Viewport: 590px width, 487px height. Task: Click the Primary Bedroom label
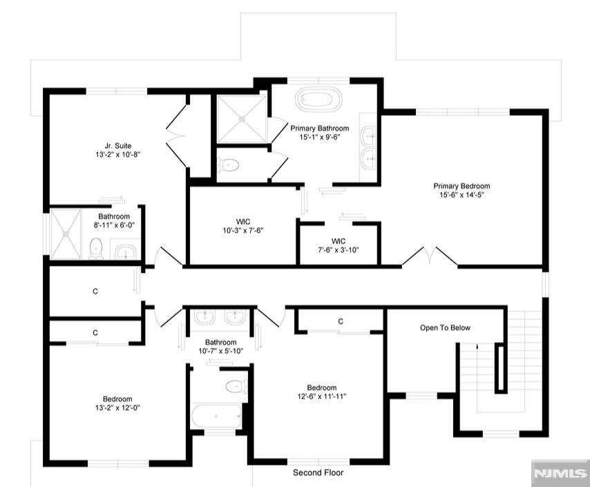[461, 186]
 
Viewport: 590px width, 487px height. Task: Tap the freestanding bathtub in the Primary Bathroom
[318, 99]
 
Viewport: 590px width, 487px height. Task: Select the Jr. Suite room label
[117, 146]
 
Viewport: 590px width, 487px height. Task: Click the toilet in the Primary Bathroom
[229, 165]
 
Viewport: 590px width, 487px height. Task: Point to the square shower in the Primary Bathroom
[242, 119]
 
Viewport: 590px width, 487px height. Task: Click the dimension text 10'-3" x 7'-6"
[242, 230]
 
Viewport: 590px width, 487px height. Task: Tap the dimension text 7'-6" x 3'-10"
[339, 249]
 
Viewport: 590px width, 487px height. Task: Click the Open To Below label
[445, 328]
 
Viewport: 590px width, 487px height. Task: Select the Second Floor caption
[318, 472]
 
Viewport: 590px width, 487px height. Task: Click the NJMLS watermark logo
[560, 473]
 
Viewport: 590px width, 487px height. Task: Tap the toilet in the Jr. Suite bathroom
[96, 249]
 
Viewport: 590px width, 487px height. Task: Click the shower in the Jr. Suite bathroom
[66, 233]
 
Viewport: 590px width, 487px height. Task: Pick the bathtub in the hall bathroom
[216, 416]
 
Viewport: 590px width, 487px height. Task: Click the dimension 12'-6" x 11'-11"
[322, 397]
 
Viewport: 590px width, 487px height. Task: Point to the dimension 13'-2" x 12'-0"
[117, 408]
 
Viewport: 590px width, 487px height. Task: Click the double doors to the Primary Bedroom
[430, 256]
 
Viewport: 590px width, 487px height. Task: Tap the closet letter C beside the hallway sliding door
[95, 292]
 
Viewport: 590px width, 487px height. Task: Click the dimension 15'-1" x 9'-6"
[320, 137]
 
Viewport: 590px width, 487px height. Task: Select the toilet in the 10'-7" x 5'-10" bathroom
[236, 386]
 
